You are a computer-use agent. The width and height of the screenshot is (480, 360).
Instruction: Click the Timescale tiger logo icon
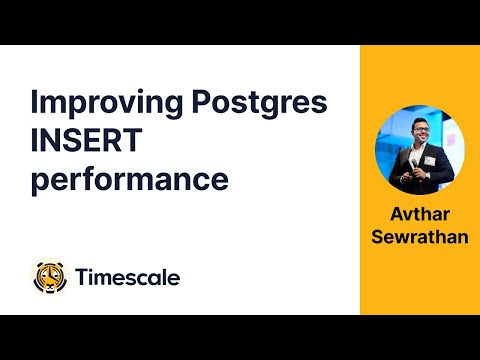point(51,277)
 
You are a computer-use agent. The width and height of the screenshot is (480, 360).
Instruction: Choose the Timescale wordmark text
point(128,277)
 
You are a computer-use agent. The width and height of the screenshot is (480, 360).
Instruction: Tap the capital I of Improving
point(35,103)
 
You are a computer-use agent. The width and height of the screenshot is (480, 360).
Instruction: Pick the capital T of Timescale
point(82,277)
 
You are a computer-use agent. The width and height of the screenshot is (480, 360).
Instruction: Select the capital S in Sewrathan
point(378,237)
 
